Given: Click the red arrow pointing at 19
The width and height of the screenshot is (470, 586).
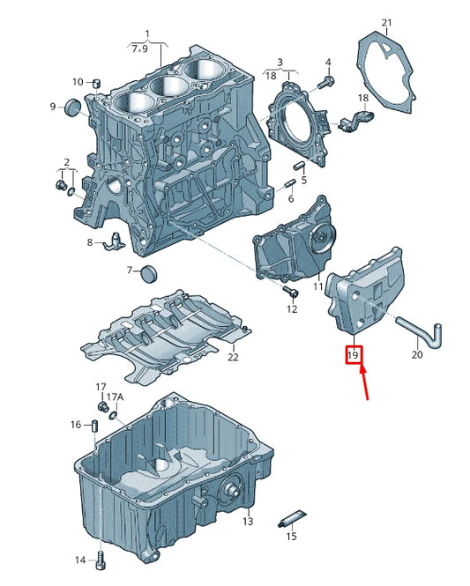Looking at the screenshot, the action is click(x=365, y=383).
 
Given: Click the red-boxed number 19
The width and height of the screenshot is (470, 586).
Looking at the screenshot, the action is click(x=354, y=354).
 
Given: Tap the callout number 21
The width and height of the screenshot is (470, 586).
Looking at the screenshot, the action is click(x=386, y=23).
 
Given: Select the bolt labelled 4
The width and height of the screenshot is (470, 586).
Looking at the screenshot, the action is click(x=325, y=83).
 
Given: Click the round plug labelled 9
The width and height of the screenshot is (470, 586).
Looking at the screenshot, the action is click(x=72, y=108).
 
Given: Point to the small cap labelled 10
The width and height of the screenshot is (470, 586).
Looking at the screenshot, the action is click(x=97, y=83).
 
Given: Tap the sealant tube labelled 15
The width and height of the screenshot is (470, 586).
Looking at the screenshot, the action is click(x=293, y=519).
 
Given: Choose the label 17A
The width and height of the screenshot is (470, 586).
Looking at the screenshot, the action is click(x=115, y=397).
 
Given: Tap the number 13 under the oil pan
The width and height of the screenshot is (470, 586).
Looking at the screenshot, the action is click(x=248, y=521).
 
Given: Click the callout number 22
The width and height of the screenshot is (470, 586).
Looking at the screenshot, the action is click(x=233, y=358).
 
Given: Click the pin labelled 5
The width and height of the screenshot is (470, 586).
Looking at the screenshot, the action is click(x=299, y=166).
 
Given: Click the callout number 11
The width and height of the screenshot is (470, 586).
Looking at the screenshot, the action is click(x=317, y=286).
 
